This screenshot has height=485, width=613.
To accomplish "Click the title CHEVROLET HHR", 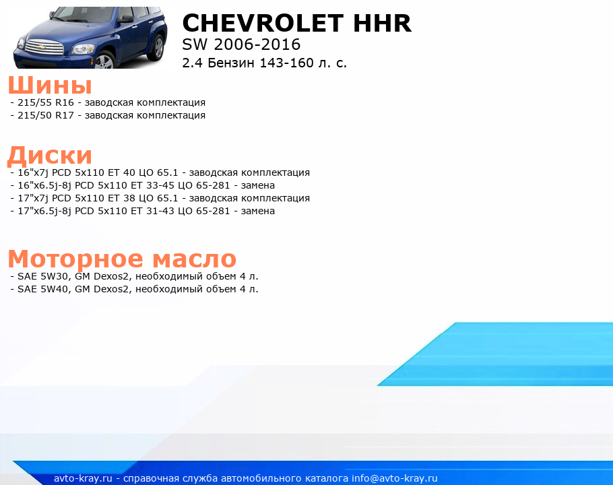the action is (x=296, y=23).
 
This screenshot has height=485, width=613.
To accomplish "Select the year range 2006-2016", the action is (x=257, y=44).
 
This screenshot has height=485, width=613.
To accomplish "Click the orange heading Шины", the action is (x=50, y=85).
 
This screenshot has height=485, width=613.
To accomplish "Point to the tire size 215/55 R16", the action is (x=46, y=102).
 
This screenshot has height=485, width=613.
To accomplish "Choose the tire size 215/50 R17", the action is (x=46, y=115).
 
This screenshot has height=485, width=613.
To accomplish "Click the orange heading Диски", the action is (x=50, y=156).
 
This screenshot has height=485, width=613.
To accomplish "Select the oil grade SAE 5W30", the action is (x=43, y=276).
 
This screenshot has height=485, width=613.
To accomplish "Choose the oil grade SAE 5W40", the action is (x=43, y=289).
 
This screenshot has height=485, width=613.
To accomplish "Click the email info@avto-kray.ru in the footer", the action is (x=395, y=478).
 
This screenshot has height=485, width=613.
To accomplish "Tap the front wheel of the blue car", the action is (x=105, y=61).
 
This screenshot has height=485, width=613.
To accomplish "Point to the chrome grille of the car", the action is (x=44, y=47).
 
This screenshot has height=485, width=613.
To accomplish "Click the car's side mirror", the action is (x=125, y=19).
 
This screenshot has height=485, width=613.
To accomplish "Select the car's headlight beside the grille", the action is (x=83, y=49).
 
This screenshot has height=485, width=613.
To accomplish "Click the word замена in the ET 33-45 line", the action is (x=257, y=185).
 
